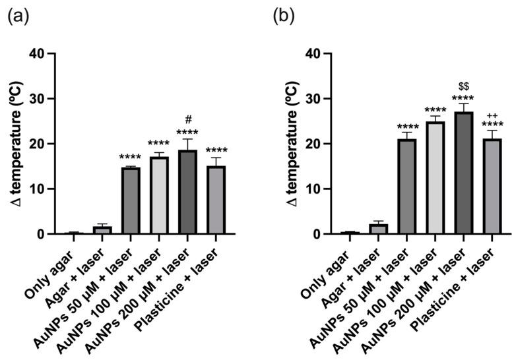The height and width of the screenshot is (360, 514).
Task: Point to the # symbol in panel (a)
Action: (188, 120)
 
